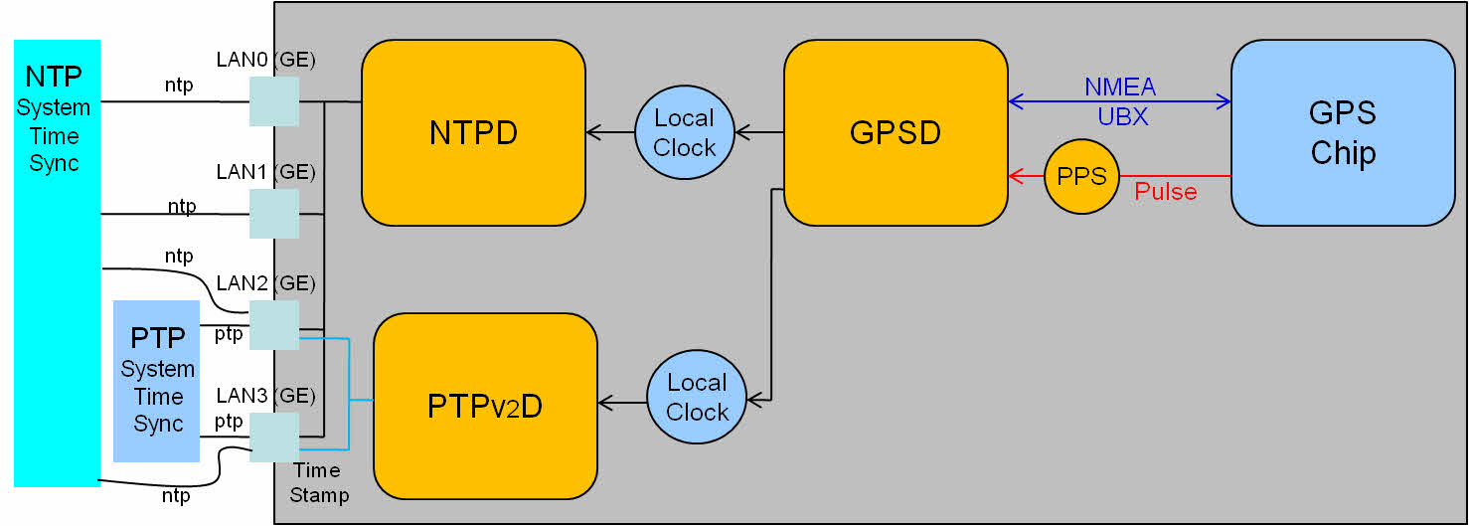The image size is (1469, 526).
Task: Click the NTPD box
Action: click(x=473, y=132)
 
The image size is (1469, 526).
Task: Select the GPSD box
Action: click(x=896, y=132)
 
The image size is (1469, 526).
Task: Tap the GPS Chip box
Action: click(x=1343, y=132)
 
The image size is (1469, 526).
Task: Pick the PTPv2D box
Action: click(x=485, y=406)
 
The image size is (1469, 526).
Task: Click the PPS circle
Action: click(x=1081, y=177)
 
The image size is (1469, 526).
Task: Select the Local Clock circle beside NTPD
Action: click(x=684, y=132)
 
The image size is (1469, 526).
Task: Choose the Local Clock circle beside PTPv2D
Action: click(x=696, y=397)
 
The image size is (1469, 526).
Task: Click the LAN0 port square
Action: click(x=274, y=102)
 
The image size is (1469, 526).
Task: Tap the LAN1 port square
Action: click(x=274, y=214)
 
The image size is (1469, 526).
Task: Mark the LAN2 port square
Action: click(x=274, y=325)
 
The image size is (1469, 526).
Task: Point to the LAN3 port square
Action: click(x=274, y=438)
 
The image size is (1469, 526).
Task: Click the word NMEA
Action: click(x=1120, y=88)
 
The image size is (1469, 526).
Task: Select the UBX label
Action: click(x=1122, y=116)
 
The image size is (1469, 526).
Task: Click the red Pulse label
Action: click(x=1165, y=192)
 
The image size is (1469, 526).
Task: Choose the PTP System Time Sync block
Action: click(x=157, y=381)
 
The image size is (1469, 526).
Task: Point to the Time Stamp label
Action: click(x=319, y=482)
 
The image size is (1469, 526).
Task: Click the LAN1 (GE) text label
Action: click(x=265, y=172)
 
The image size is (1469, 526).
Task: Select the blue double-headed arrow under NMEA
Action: click(x=1120, y=101)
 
